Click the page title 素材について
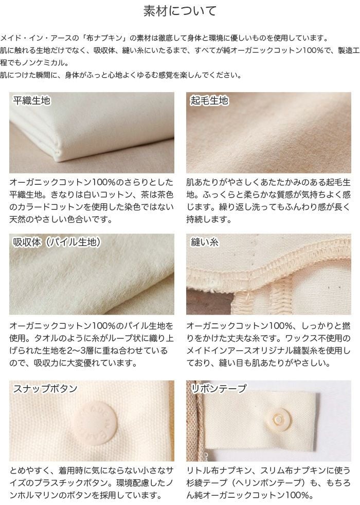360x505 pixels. (x=179, y=11)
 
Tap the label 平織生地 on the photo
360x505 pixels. (x=32, y=101)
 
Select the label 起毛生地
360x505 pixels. (x=209, y=101)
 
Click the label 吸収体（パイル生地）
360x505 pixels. (x=57, y=242)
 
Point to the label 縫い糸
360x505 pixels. (x=205, y=242)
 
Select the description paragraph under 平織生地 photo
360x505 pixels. (x=92, y=201)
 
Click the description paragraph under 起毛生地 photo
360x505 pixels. (x=268, y=201)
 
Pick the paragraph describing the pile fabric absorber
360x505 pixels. (x=92, y=344)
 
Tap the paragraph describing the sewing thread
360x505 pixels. (x=268, y=344)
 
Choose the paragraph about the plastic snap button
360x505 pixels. (x=92, y=483)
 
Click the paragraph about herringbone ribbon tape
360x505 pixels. (x=268, y=483)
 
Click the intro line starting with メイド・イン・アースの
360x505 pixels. (x=164, y=38)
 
